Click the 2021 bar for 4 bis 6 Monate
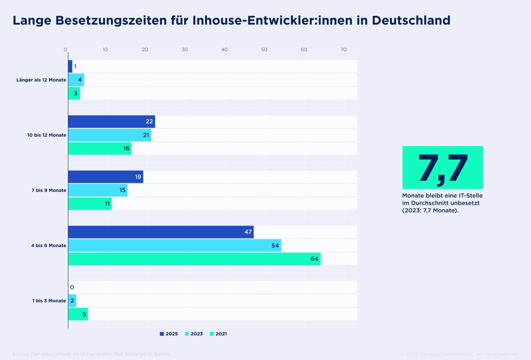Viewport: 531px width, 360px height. click(194, 259)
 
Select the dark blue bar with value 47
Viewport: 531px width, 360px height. click(160, 232)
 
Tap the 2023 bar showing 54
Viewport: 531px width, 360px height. click(175, 246)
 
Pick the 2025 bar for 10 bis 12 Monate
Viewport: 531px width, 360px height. click(111, 121)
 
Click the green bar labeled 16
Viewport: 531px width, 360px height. click(100, 148)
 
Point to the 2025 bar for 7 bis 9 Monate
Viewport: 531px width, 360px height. click(105, 177)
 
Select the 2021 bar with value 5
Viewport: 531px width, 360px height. click(78, 314)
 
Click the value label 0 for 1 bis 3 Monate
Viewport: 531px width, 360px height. click(72, 287)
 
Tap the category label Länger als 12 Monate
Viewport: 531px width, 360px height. click(41, 80)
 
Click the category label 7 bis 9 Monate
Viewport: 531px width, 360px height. click(49, 191)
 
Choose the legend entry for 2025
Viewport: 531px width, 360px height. click(169, 334)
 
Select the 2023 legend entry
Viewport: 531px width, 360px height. click(194, 334)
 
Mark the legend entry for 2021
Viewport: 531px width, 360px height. click(218, 334)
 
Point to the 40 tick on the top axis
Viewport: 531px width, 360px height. click(225, 50)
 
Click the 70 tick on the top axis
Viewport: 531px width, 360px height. click(344, 50)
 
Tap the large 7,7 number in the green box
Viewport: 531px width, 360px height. click(442, 168)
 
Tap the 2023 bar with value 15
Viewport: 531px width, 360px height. click(98, 190)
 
